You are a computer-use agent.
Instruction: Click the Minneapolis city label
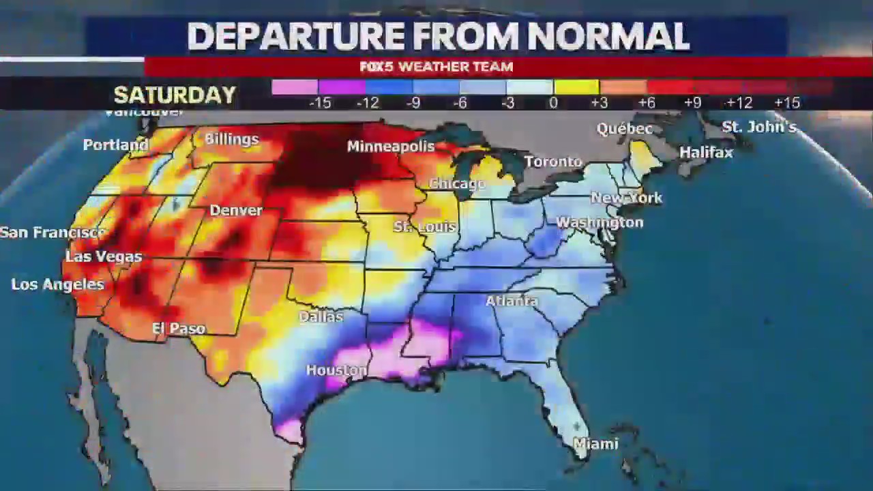(390, 147)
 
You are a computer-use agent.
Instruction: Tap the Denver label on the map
(236, 211)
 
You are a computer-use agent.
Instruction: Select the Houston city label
(336, 370)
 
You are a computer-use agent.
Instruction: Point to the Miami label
(595, 444)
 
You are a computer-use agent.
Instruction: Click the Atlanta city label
(512, 301)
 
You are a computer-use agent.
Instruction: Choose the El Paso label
(179, 329)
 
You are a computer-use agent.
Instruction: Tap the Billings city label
(231, 140)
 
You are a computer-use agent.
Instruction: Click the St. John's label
(758, 127)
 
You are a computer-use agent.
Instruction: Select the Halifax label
(706, 153)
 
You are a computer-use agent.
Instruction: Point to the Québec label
(624, 129)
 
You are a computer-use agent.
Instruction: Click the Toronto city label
(553, 162)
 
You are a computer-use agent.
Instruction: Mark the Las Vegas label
(104, 257)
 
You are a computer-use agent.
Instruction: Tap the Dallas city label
(321, 317)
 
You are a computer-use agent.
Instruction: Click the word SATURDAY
(175, 95)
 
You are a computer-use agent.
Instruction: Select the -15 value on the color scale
(320, 103)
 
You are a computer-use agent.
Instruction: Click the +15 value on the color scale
(786, 103)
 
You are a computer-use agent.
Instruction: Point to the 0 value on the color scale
(553, 103)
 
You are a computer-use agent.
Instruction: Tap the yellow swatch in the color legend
(576, 87)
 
